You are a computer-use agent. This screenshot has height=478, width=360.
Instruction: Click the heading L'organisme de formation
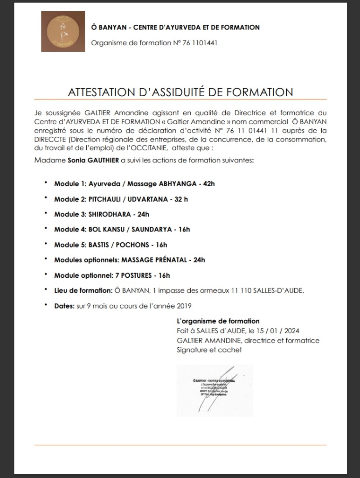(218, 321)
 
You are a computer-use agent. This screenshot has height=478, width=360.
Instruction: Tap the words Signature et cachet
(209, 350)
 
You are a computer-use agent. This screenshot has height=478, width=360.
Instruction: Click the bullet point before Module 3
(46, 213)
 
